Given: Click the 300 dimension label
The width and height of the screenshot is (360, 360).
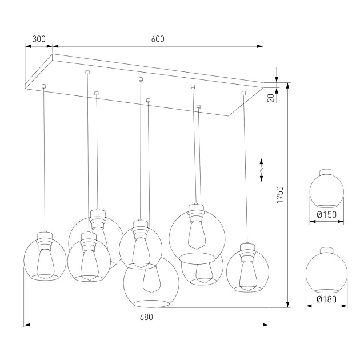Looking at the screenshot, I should click(x=38, y=39).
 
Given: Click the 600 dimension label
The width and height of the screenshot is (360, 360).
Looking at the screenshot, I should click(x=158, y=39).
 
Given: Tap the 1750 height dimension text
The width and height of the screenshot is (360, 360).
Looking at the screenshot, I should click(x=279, y=195).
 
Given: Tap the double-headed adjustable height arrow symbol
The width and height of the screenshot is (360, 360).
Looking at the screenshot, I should click(x=262, y=169).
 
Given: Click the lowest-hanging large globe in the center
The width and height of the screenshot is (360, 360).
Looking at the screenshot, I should click(x=151, y=281).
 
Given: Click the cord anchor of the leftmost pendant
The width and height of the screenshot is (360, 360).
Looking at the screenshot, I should click(x=45, y=86).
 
